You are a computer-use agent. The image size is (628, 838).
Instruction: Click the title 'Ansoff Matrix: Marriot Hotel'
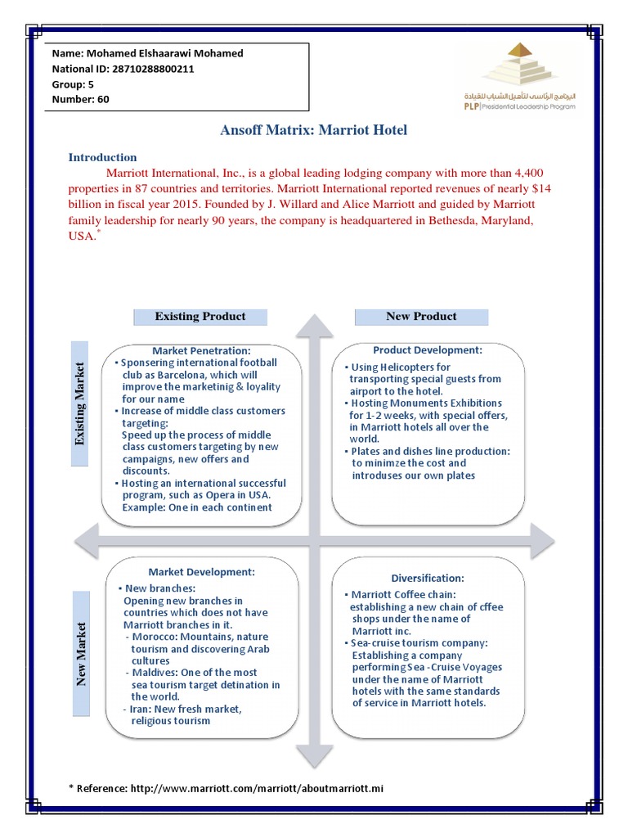click(x=314, y=130)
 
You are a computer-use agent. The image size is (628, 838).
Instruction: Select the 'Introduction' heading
click(x=102, y=157)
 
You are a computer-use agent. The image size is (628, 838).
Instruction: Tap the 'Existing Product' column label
click(x=200, y=317)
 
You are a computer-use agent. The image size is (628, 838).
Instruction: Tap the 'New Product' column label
click(x=421, y=317)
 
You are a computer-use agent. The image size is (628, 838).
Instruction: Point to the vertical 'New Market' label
click(x=80, y=654)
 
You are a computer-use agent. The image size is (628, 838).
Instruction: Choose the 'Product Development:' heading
click(x=428, y=350)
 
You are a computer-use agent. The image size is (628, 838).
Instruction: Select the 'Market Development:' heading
click(x=202, y=571)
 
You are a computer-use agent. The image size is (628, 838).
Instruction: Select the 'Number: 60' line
click(x=81, y=100)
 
